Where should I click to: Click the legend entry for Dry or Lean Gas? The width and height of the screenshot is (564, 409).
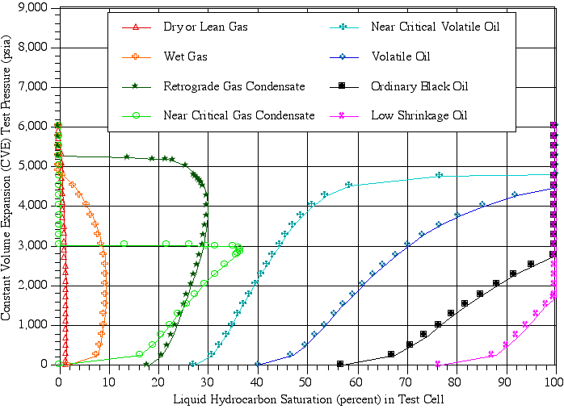(205, 27)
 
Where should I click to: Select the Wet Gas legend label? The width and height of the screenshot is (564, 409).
(185, 56)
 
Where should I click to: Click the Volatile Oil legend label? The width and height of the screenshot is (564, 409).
(400, 56)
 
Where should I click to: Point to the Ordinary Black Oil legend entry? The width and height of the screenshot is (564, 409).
(419, 86)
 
